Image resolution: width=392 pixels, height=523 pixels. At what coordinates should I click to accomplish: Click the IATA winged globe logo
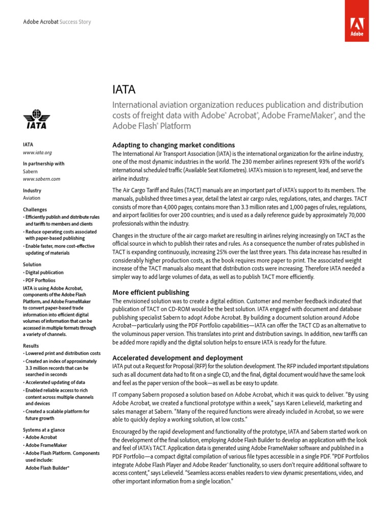point(36,119)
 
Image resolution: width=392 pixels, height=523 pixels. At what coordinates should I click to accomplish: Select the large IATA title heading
point(124,89)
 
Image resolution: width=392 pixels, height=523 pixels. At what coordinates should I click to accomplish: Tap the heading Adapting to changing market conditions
point(174,145)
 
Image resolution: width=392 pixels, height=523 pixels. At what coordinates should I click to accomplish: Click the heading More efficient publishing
point(151,293)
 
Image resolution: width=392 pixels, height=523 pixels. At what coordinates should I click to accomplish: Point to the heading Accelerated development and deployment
point(178,358)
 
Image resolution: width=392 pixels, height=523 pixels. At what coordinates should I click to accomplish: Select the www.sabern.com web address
point(41,179)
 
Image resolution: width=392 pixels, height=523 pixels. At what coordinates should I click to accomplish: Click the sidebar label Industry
point(32,191)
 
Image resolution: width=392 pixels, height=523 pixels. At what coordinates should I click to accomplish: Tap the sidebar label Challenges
point(35,209)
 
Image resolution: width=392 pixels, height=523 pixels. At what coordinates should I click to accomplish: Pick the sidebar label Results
point(31,345)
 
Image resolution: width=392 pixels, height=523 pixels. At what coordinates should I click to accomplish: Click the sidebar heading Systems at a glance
point(44,430)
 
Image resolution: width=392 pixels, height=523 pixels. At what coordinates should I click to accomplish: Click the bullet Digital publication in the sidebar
point(44,273)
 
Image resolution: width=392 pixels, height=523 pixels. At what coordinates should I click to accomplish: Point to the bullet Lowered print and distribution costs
point(62,353)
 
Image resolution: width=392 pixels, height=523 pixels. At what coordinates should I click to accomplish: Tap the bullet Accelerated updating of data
point(55,383)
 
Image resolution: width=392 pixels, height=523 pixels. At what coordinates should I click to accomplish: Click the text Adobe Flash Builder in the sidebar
point(47,467)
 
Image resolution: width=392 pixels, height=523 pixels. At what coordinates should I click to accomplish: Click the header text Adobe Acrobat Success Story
point(57,22)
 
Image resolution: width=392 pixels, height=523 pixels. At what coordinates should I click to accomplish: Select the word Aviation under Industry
point(32,198)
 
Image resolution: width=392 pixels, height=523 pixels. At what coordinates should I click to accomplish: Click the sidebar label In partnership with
point(43,164)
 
